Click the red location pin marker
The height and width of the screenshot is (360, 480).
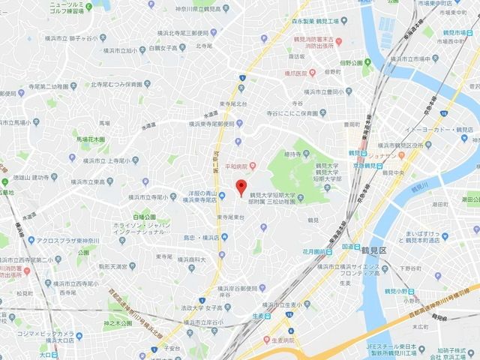click(x=241, y=187)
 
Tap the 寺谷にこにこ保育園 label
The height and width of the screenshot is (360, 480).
click(x=295, y=117)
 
